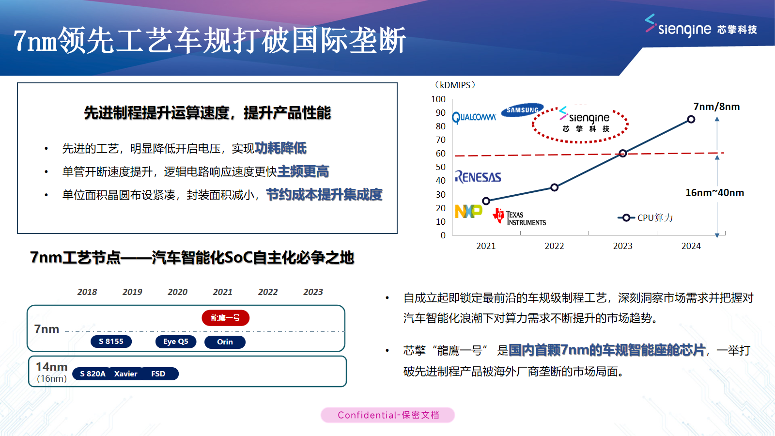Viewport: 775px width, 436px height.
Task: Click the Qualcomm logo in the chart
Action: [474, 117]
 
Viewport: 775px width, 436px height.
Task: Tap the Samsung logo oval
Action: [522, 110]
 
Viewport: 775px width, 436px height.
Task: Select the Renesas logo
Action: [478, 177]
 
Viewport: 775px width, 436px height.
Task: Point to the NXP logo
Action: [468, 211]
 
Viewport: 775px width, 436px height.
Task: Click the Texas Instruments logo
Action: [520, 217]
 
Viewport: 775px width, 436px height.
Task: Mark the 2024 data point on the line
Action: [691, 119]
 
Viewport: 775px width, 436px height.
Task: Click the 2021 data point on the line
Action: [486, 201]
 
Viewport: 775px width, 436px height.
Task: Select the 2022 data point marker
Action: [555, 187]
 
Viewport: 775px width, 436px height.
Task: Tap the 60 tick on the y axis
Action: [441, 154]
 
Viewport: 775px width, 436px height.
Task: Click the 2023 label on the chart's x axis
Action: [622, 246]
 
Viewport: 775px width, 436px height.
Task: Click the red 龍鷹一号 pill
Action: [225, 318]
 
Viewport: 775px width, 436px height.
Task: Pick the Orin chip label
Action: [225, 342]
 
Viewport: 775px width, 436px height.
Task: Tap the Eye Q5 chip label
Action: [176, 342]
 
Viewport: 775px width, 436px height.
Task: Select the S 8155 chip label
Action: [111, 342]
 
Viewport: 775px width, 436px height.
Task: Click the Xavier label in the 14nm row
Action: [126, 374]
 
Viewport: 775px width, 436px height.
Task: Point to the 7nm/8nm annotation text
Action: [716, 107]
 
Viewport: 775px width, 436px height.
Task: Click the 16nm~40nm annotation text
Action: [714, 193]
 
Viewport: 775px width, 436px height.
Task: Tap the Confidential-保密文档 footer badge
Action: [387, 415]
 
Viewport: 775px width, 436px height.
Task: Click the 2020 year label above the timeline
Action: [177, 292]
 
